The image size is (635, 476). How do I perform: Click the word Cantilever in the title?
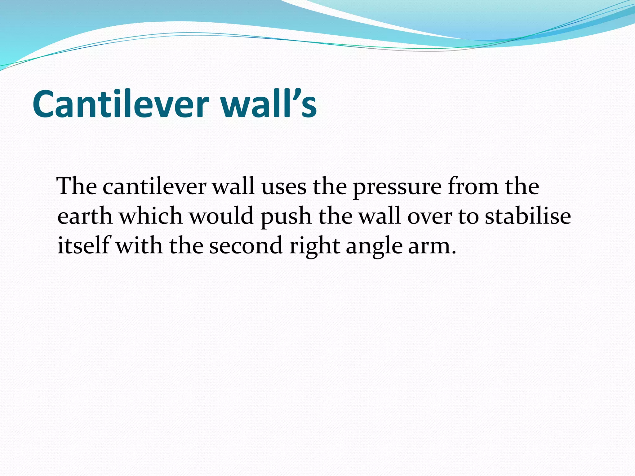(x=121, y=104)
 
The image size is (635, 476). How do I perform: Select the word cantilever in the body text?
(x=154, y=187)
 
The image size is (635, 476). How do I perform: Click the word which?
(x=151, y=216)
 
